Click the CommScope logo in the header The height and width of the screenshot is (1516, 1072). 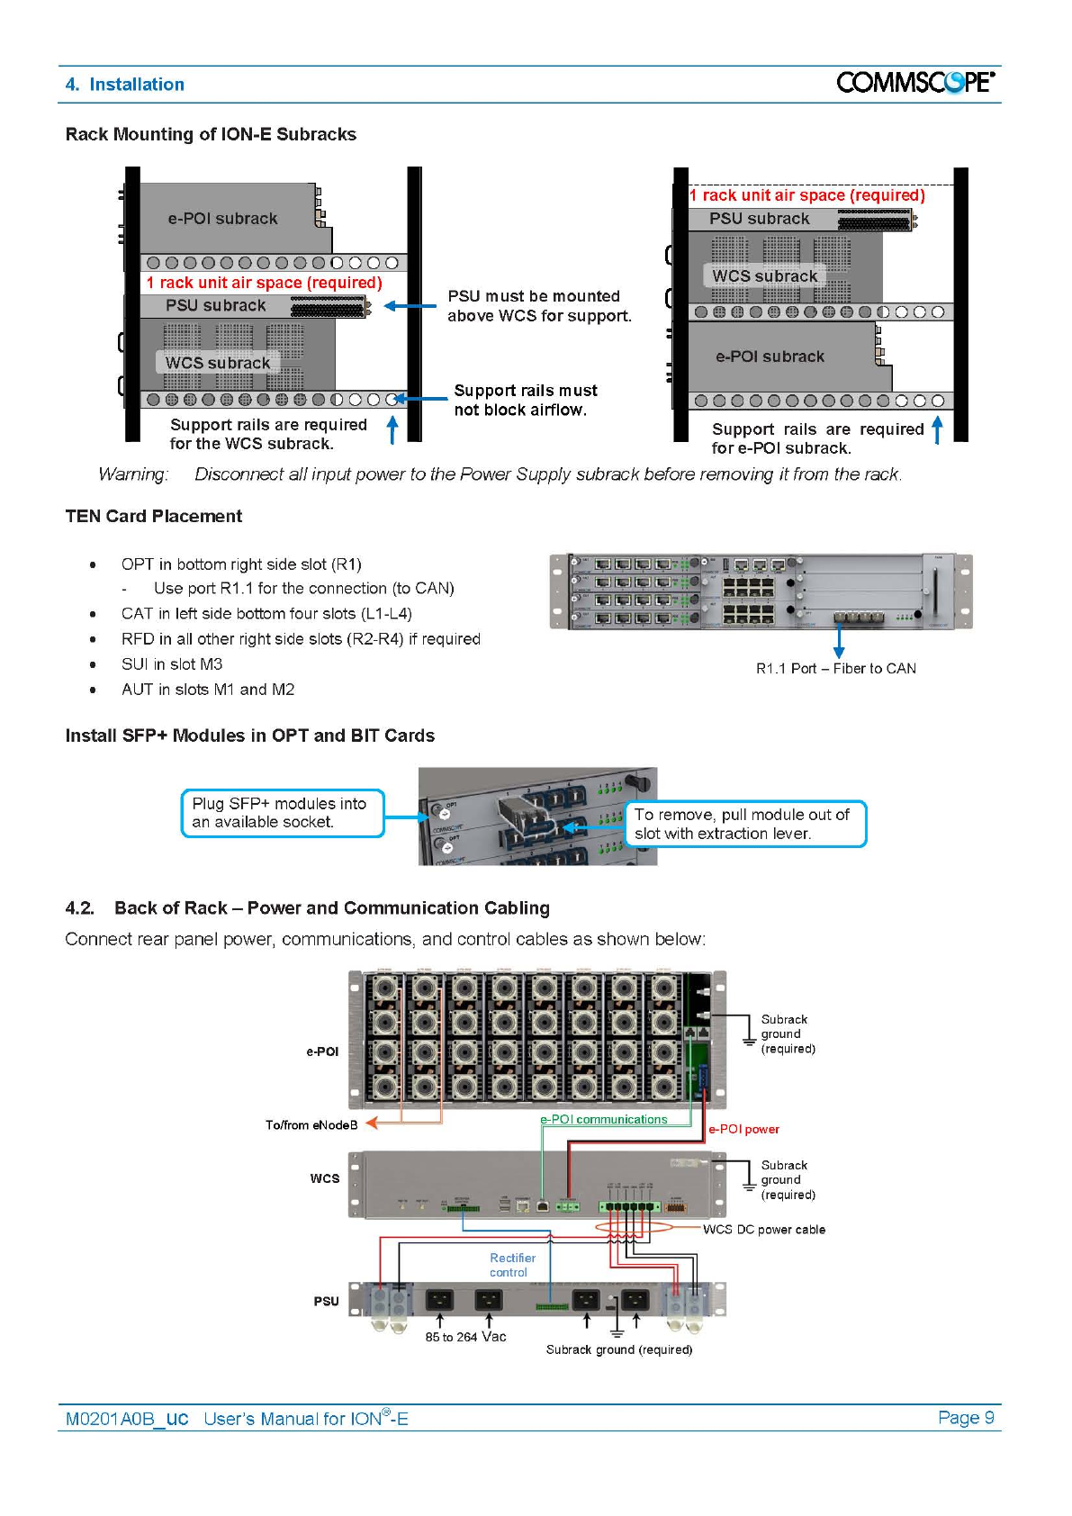[x=914, y=83]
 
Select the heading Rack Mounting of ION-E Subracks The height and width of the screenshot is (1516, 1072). [x=211, y=134]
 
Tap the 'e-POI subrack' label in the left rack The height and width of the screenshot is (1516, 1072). [x=222, y=219]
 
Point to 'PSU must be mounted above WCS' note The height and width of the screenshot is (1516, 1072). [x=539, y=306]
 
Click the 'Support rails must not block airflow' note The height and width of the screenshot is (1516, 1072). [x=525, y=400]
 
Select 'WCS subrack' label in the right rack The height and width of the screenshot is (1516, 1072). [x=764, y=276]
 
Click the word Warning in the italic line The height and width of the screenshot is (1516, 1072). [x=133, y=474]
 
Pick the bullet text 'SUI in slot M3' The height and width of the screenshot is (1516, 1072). [x=172, y=664]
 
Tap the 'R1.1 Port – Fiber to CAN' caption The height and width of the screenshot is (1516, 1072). [x=835, y=669]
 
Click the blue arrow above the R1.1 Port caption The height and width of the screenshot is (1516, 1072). [x=839, y=640]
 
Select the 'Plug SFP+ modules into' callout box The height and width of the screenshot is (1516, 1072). [x=282, y=813]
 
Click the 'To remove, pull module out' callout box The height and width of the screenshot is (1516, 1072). [x=744, y=824]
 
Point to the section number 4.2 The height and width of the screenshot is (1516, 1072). [x=79, y=908]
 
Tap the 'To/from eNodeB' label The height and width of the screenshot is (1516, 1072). [x=311, y=1125]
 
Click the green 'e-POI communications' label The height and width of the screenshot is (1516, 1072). [x=603, y=1120]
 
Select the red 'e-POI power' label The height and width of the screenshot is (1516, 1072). [x=743, y=1130]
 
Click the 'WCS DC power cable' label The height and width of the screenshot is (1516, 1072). [x=763, y=1230]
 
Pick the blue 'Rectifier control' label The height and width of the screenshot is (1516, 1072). [x=511, y=1265]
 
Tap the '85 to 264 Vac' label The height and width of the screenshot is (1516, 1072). [x=465, y=1337]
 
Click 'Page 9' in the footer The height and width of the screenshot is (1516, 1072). [x=965, y=1418]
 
